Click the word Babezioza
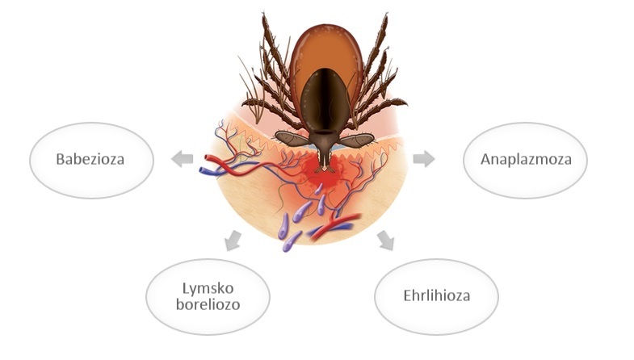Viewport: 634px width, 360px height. point(90,159)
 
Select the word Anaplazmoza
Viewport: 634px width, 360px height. point(526,159)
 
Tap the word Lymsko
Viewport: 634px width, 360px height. point(208,288)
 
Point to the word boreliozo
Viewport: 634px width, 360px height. point(208,304)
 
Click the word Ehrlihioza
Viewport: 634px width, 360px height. point(437,295)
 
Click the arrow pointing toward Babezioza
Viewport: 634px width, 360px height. point(182,158)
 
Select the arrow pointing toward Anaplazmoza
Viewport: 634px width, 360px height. point(424,158)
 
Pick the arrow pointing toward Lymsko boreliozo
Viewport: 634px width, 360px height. point(233,241)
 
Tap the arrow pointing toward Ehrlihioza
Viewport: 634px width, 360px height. point(386,241)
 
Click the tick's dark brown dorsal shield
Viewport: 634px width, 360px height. point(325,100)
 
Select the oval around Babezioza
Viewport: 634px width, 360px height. point(92,161)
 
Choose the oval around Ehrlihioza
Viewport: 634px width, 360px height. point(437,297)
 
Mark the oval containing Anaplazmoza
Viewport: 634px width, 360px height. point(525,161)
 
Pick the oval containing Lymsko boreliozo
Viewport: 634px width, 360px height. point(208,297)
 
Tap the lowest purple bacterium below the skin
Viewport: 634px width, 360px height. point(292,241)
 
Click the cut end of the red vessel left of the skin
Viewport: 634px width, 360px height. point(207,158)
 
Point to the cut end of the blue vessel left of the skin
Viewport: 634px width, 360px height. point(203,170)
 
